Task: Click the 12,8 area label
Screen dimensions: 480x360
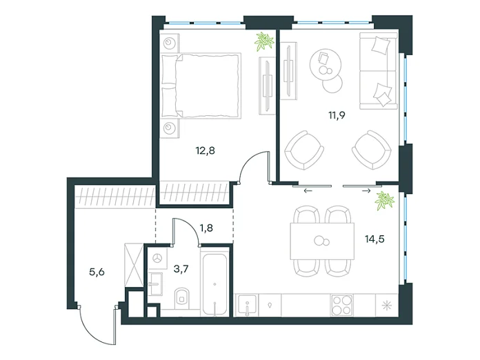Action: [x=205, y=150]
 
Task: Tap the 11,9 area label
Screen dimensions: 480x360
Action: [x=337, y=115]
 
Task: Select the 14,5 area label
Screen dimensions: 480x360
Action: [x=374, y=239]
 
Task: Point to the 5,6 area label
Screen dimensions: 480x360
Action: [x=97, y=272]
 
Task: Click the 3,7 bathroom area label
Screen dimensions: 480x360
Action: [x=181, y=269]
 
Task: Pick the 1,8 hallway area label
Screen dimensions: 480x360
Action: [x=206, y=228]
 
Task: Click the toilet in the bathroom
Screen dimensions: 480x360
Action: [x=183, y=297]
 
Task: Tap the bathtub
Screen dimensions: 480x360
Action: [x=214, y=283]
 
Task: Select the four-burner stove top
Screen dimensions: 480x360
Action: [x=341, y=305]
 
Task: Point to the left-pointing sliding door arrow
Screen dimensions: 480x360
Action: [x=308, y=191]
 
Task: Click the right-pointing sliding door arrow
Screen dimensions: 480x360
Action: [x=366, y=191]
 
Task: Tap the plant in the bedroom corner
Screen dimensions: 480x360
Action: [x=264, y=41]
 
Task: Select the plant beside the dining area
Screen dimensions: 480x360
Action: [x=385, y=201]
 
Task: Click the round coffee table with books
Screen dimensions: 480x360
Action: [x=325, y=64]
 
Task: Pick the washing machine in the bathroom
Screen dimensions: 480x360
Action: [x=158, y=259]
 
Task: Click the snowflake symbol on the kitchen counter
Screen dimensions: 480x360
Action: [x=387, y=306]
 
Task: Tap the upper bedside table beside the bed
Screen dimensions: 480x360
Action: [x=170, y=43]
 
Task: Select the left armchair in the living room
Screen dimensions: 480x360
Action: [x=304, y=150]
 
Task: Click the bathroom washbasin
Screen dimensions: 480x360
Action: [x=155, y=284]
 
